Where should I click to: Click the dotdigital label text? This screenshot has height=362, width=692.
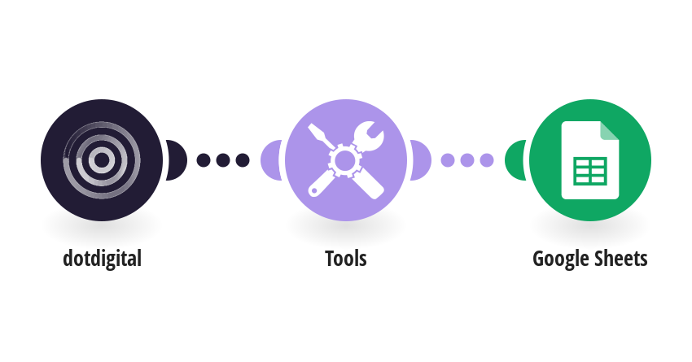102,259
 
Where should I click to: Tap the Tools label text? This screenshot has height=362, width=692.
346,259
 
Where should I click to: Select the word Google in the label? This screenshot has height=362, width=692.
559,260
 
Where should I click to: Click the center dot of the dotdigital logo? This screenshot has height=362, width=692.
102,160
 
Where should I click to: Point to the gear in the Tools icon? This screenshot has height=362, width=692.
345,160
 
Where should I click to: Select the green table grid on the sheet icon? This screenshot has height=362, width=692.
590,171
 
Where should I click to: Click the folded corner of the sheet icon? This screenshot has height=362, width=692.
610,130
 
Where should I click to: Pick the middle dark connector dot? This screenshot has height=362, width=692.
223,160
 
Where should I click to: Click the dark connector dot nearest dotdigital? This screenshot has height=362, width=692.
203,160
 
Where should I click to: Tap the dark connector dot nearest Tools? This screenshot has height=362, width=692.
243,160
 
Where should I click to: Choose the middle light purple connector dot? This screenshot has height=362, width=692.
467,160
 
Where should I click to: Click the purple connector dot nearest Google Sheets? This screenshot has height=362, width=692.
487,160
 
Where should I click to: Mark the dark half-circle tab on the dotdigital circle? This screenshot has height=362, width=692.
177,160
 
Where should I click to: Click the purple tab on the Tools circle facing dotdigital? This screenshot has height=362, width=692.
271,160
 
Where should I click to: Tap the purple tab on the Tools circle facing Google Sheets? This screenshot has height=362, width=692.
421,160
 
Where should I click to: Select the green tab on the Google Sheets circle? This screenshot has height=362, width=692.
515,160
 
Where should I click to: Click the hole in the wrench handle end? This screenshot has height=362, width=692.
313,190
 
